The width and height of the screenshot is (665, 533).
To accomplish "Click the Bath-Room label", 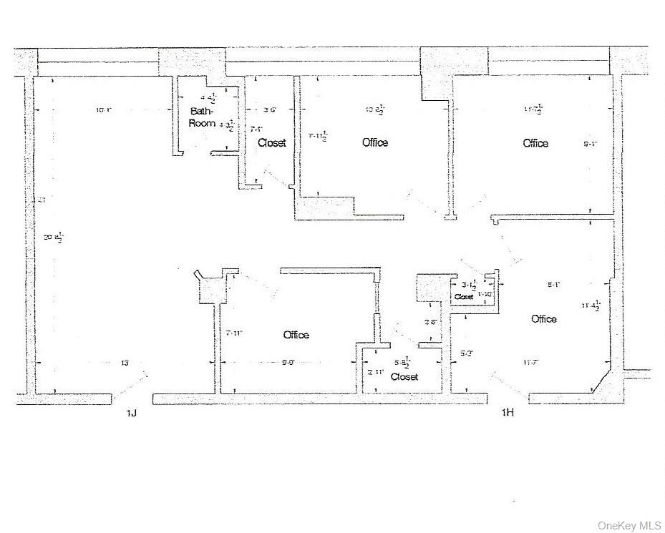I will tap(203, 117).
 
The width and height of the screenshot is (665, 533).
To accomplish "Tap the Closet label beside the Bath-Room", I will tap(272, 143).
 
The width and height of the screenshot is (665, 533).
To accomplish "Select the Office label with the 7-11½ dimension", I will tap(375, 143).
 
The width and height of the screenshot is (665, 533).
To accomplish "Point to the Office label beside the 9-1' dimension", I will tap(535, 143).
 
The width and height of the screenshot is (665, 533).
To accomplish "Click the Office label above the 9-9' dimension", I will tap(296, 335).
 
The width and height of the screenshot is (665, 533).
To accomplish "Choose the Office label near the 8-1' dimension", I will tap(544, 319).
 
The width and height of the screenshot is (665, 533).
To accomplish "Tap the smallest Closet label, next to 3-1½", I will tap(464, 296).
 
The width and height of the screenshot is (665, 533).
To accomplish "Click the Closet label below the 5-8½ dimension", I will tap(404, 376).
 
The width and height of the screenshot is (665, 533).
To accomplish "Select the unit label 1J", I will tap(131, 413).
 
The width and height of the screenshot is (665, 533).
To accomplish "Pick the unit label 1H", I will tap(508, 413).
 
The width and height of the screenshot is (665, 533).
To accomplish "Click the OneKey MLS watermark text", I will tap(628, 524).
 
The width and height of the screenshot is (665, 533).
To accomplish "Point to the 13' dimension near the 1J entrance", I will tap(125, 363).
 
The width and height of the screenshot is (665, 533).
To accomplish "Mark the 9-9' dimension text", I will tap(288, 363).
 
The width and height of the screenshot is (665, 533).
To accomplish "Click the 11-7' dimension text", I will tap(530, 363).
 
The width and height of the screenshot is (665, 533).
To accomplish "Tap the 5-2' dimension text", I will tap(466, 353).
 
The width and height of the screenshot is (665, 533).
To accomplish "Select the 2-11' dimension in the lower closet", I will tap(376, 372).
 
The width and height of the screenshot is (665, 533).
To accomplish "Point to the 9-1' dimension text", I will tap(591, 144).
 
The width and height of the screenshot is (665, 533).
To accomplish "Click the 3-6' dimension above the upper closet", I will tap(270, 110).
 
